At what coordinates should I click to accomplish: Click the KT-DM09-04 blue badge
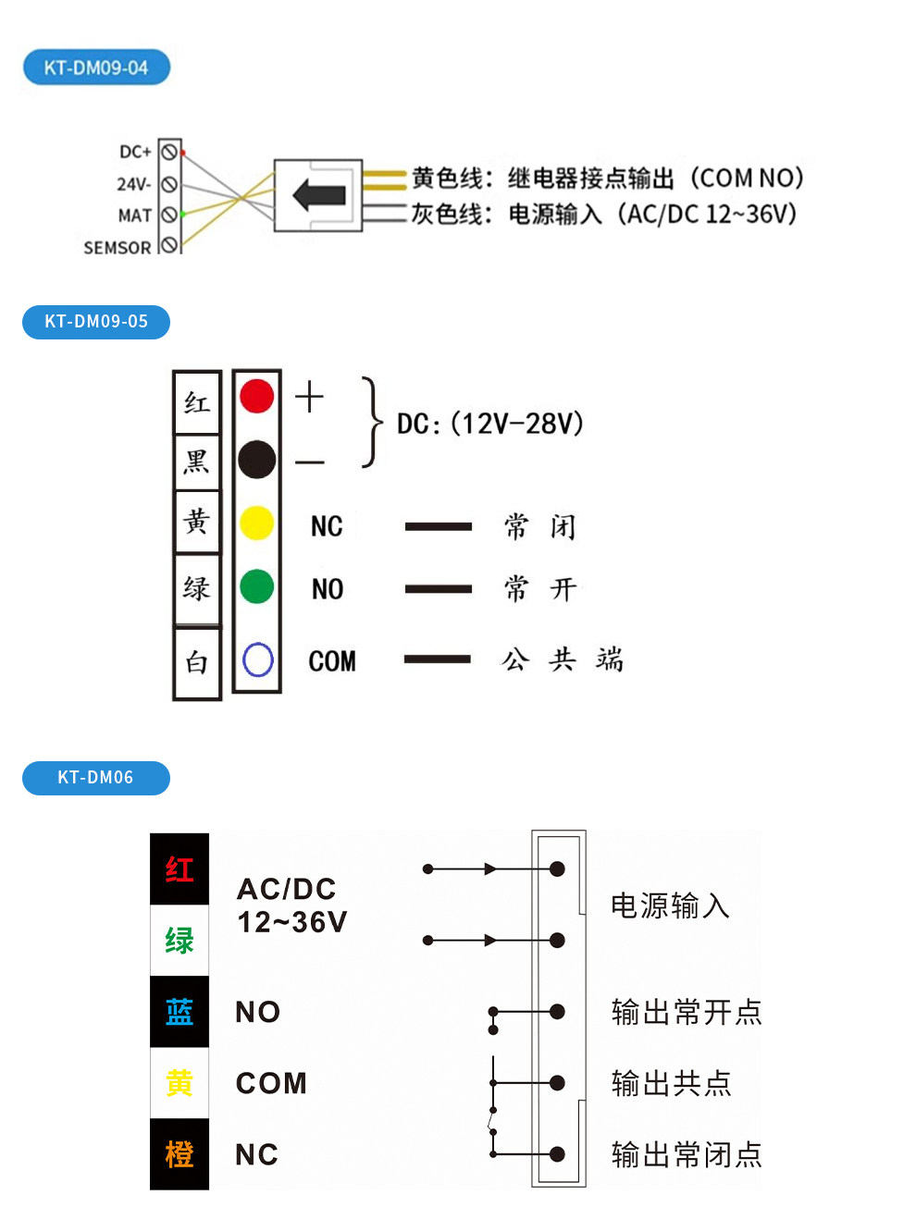[96, 68]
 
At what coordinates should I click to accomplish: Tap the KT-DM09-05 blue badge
[96, 322]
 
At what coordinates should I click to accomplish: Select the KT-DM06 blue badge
[96, 778]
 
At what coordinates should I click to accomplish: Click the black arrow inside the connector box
[319, 195]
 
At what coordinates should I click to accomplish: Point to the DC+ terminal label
[135, 152]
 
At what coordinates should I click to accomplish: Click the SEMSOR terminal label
[118, 248]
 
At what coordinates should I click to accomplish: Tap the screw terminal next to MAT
[170, 215]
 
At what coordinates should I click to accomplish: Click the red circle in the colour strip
[257, 396]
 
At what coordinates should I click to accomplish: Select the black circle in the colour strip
[257, 459]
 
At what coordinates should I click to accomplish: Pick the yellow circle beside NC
[257, 523]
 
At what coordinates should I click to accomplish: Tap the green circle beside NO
[257, 586]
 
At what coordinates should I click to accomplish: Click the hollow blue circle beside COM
[257, 659]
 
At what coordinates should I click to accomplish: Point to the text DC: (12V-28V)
[490, 424]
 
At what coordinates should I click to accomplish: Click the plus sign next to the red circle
[309, 397]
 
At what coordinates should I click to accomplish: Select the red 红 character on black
[179, 869]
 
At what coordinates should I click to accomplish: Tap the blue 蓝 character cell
[179, 1011]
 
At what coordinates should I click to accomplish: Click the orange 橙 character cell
[179, 1154]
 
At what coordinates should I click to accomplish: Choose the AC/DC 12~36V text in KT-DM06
[291, 905]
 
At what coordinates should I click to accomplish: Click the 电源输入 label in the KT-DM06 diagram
[670, 905]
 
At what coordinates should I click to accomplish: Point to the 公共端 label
[562, 659]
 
